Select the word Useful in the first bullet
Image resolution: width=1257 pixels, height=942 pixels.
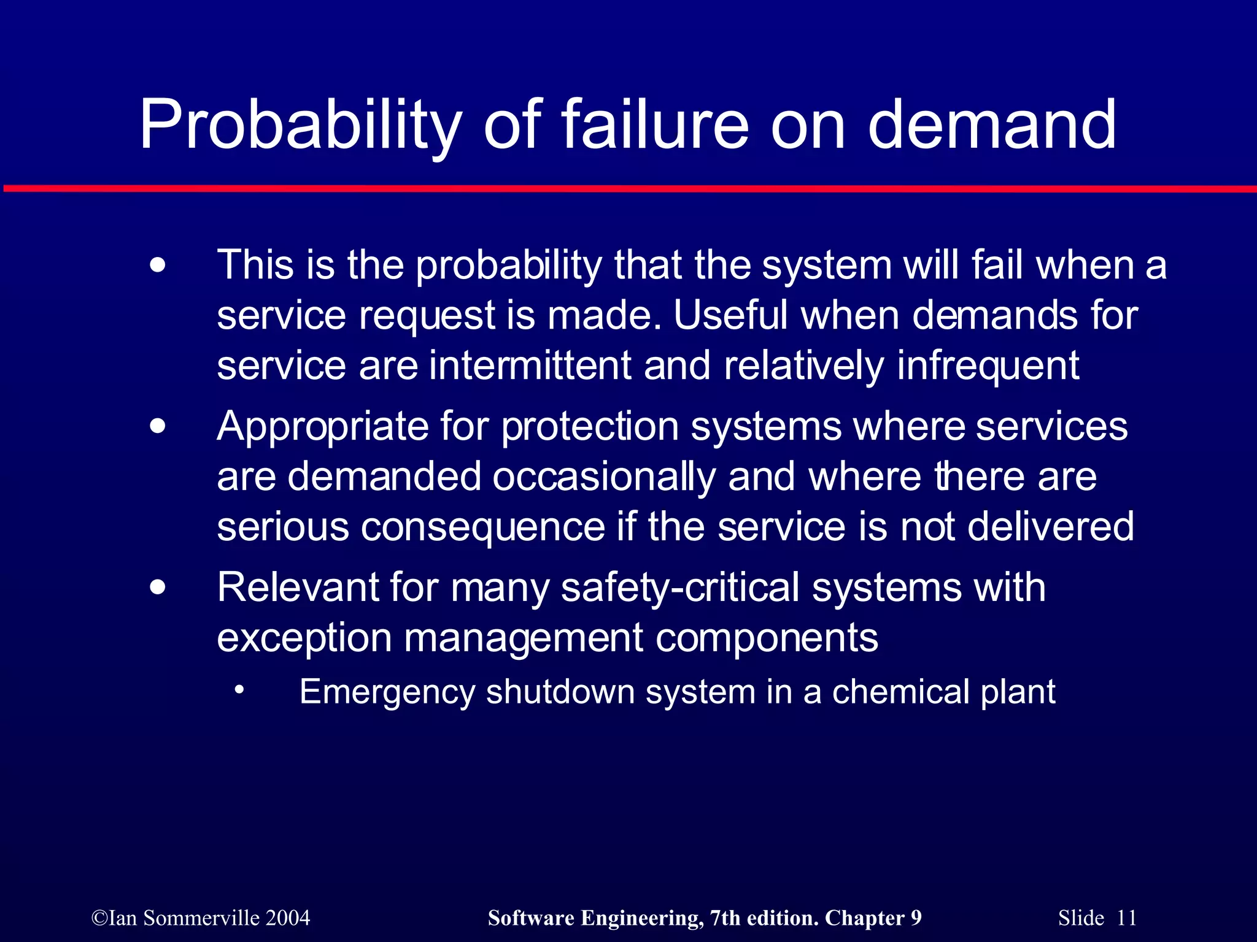tap(730, 315)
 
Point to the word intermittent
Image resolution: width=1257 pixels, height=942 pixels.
tap(530, 366)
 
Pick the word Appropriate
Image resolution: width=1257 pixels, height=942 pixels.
tap(323, 427)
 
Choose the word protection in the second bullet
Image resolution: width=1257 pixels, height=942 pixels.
tap(590, 427)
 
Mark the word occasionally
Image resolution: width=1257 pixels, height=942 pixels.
tap(604, 477)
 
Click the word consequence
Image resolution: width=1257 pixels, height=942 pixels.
tap(483, 527)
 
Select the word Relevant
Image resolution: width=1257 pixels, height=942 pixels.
tap(298, 588)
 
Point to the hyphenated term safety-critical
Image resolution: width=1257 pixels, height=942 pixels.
tap(680, 588)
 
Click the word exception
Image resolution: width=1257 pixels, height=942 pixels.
tap(304, 638)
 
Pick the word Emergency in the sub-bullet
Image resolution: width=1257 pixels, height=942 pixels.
tap(387, 692)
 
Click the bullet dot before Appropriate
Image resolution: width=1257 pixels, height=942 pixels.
tap(158, 426)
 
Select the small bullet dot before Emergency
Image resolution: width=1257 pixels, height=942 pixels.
tap(239, 690)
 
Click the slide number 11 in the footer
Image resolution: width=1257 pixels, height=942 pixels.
tap(1126, 918)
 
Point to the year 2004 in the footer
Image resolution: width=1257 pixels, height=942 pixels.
tap(288, 918)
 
